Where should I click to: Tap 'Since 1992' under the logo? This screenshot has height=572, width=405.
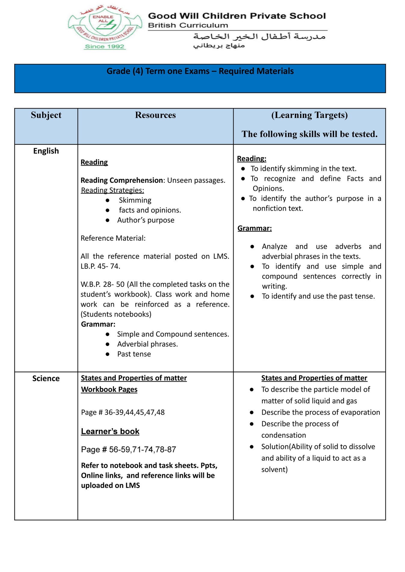click(104, 46)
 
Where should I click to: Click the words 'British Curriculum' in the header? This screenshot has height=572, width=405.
click(188, 25)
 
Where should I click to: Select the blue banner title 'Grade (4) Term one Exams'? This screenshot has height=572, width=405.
click(200, 71)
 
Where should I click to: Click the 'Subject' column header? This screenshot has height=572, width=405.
click(46, 115)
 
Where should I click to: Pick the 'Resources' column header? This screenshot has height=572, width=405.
click(155, 115)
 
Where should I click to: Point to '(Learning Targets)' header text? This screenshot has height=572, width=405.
click(309, 115)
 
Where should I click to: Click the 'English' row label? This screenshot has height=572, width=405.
click(46, 151)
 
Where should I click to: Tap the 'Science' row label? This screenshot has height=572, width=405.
click(46, 378)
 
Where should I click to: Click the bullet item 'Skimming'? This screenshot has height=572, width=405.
click(135, 200)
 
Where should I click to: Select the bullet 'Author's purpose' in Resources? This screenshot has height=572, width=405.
click(146, 220)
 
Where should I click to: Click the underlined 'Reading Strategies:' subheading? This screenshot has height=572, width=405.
click(113, 190)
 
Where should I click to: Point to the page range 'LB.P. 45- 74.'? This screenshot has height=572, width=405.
click(100, 266)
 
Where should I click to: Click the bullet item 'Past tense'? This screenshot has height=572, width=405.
click(134, 354)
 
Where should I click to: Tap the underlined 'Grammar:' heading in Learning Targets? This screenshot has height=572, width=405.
click(255, 228)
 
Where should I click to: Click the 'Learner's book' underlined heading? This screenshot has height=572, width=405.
click(110, 431)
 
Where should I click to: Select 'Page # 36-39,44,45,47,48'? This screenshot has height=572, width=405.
click(123, 412)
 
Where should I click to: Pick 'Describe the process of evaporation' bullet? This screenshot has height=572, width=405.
click(320, 412)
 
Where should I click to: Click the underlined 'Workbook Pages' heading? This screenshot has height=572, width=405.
click(109, 389)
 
